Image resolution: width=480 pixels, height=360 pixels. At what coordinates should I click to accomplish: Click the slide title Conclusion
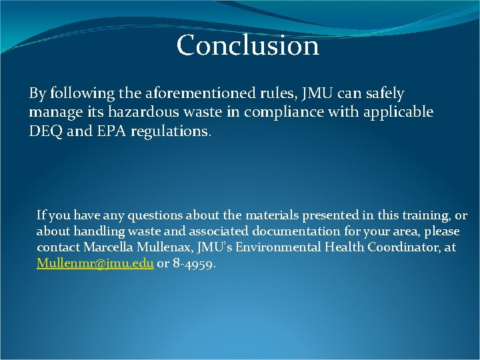pos(248,46)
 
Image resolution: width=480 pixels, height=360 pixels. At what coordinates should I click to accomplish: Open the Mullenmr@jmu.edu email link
pos(95,263)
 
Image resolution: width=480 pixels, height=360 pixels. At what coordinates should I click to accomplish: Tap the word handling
pos(90,231)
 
